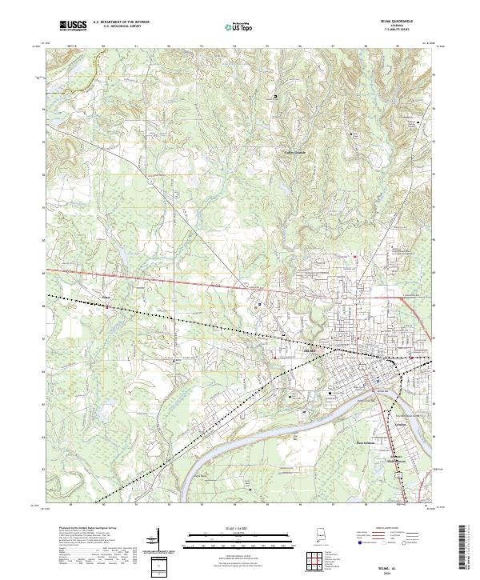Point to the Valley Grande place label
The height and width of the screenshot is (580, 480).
point(295,153)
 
